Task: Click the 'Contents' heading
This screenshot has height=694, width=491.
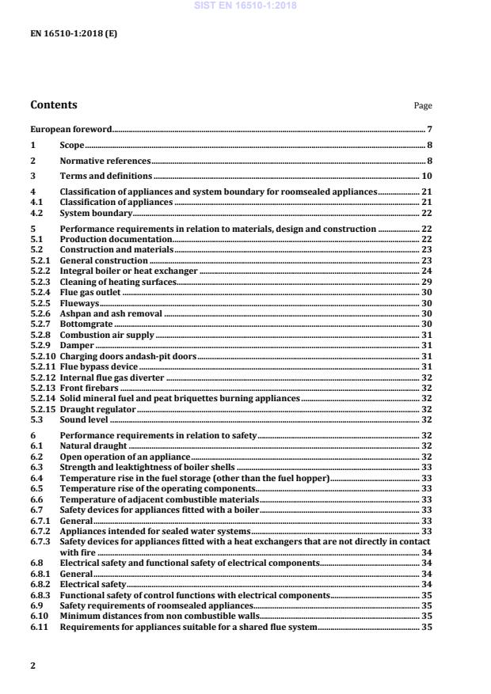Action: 54,104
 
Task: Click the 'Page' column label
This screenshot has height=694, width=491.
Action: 423,106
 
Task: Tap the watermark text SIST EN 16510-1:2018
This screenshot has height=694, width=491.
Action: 245,6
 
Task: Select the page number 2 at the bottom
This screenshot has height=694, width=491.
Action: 33,666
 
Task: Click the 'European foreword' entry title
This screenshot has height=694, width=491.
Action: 70,129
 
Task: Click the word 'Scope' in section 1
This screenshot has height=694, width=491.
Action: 72,145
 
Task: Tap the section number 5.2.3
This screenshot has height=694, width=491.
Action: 40,282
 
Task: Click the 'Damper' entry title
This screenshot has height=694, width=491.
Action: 77,346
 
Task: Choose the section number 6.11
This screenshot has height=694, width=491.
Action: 38,627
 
